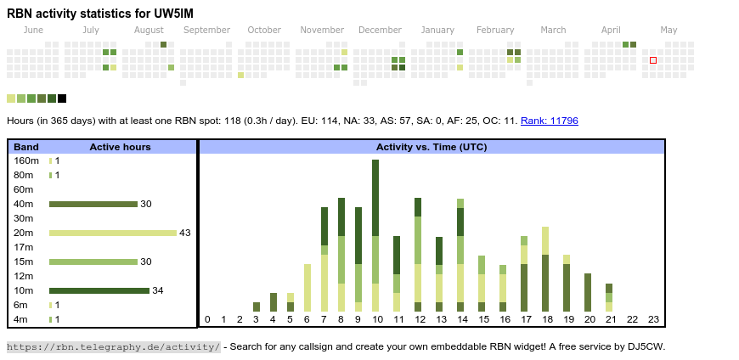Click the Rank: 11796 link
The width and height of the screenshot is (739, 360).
click(549, 121)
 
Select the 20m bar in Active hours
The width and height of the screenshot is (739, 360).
click(113, 233)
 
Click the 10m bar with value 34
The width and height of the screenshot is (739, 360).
click(99, 290)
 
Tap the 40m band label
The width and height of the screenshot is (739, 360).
click(24, 204)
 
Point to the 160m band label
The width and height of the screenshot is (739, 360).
click(26, 160)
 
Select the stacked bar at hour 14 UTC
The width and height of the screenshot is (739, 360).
click(460, 255)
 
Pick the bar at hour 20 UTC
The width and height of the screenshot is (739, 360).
click(588, 292)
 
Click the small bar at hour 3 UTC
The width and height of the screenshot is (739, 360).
click(257, 307)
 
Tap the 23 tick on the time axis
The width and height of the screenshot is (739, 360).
click(653, 320)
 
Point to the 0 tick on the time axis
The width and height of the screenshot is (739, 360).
click(207, 320)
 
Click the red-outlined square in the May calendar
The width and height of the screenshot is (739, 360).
click(653, 60)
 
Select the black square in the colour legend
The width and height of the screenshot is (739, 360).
click(62, 98)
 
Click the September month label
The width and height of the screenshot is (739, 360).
click(206, 31)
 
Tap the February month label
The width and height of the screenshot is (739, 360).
click(495, 31)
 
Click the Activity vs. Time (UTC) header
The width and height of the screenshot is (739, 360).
click(432, 147)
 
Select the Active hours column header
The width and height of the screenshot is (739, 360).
click(120, 147)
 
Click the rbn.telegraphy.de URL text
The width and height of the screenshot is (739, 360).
click(113, 346)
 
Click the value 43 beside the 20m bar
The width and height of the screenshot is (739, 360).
click(184, 233)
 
